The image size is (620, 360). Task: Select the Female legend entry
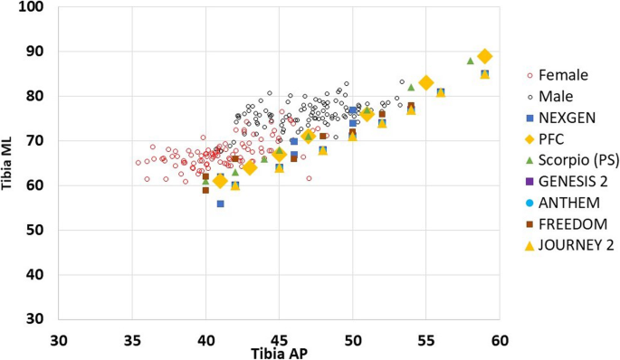coord(563,74)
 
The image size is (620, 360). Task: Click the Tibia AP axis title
coord(280,352)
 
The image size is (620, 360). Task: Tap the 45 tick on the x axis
coord(279,339)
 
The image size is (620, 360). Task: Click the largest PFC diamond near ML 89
coord(485,56)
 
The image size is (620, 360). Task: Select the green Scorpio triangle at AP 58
coord(470,61)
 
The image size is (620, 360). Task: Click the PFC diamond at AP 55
coord(426,83)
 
